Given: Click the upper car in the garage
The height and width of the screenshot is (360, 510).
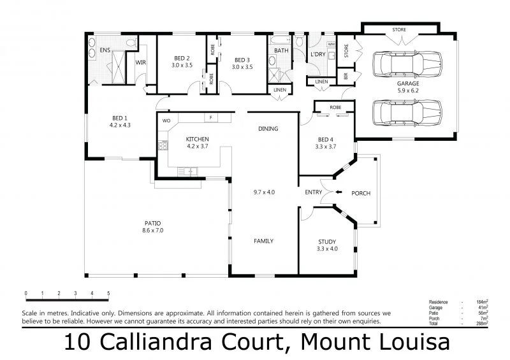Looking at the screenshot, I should pos(406,64).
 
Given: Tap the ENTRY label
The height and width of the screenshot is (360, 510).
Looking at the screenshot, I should pos(313,192).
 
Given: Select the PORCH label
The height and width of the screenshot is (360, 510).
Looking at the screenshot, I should pos(361,193).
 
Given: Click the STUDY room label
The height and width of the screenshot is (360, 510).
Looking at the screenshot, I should pos(328,241).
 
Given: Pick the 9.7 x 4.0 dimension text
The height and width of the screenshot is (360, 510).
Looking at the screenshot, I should pos(263,192).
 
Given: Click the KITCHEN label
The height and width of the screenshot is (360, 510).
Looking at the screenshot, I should pos(197,139).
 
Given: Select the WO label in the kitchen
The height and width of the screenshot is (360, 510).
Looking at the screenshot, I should pos(166,120).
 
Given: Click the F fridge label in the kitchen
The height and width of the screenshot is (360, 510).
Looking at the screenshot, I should pos(209,117).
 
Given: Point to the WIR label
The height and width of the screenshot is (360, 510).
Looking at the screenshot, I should pos(141,62).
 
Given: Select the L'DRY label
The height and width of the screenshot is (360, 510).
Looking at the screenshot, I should pos(317,55).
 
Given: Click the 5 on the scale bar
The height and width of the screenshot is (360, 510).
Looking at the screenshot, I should pos(108,294).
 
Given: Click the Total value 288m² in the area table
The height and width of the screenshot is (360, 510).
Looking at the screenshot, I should pos(483,324).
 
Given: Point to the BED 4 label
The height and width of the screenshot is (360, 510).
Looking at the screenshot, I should pos(326,140).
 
